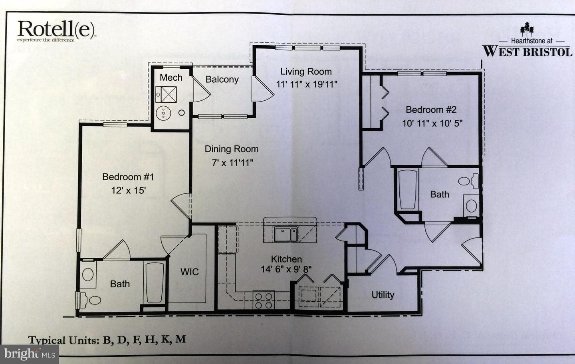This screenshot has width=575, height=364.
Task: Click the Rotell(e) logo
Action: (x=56, y=31)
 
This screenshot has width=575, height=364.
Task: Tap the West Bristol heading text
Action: (x=527, y=51)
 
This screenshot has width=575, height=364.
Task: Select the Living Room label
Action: (x=306, y=72)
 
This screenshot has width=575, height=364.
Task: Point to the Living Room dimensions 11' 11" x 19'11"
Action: (x=307, y=84)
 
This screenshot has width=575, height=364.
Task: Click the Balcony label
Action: (x=222, y=80)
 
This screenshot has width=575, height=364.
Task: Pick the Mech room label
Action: (x=171, y=78)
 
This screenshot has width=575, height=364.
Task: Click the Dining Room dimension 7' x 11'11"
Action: (x=232, y=163)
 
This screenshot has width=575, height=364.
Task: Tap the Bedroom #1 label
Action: (x=128, y=177)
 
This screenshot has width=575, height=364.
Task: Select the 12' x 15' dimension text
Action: (x=128, y=190)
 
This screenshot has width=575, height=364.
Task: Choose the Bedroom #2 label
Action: (x=431, y=110)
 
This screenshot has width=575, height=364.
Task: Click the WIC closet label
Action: (x=189, y=272)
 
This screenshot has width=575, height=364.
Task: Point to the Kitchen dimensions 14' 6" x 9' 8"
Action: (x=286, y=269)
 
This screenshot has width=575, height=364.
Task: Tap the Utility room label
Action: (x=383, y=295)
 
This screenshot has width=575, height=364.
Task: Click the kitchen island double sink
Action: (x=286, y=234)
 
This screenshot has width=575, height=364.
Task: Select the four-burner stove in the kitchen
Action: (x=264, y=300)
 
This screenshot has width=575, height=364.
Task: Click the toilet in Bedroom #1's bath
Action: (x=89, y=300)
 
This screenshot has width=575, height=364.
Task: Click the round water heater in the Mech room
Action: (x=163, y=113)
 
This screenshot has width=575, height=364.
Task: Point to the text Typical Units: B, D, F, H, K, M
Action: (x=107, y=340)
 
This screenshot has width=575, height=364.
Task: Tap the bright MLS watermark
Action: (x=30, y=354)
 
